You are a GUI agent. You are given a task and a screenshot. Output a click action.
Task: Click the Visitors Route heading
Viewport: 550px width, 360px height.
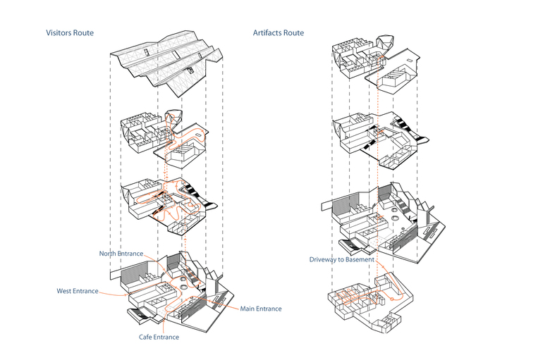pyautogui.click(x=69, y=33)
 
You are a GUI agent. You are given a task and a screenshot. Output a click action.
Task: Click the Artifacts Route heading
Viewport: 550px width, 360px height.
pyautogui.click(x=279, y=33)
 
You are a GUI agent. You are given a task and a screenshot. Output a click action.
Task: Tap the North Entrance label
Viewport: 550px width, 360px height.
pyautogui.click(x=121, y=254)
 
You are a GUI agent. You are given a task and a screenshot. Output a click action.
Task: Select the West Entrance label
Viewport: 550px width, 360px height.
pyautogui.click(x=77, y=291)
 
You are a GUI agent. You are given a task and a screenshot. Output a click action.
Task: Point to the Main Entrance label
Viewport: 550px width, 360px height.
pyautogui.click(x=260, y=309)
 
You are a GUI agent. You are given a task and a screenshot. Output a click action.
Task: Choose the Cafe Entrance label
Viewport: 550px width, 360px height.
pyautogui.click(x=158, y=337)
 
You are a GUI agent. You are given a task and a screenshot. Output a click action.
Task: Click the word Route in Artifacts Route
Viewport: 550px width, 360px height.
pyautogui.click(x=293, y=33)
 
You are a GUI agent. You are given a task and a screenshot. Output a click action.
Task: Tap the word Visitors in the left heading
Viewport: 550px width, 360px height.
pyautogui.click(x=59, y=33)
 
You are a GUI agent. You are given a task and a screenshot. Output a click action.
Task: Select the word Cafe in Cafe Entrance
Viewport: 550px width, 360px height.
pyautogui.click(x=146, y=337)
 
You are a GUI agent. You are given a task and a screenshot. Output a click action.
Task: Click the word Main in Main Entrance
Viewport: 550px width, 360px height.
pyautogui.click(x=248, y=309)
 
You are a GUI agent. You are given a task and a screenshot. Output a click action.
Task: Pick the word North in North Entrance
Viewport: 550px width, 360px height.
pyautogui.click(x=109, y=254)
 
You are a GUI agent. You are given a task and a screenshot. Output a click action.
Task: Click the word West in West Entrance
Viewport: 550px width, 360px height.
pyautogui.click(x=65, y=291)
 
